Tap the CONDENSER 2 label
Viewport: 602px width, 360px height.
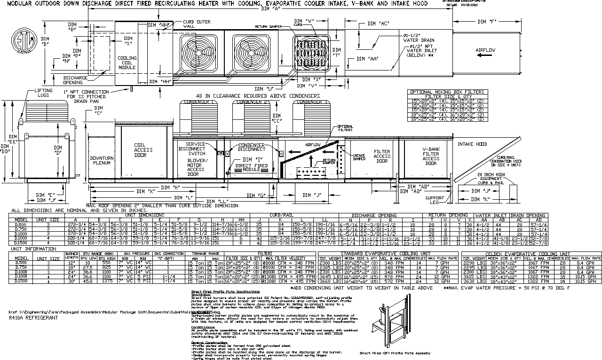252,102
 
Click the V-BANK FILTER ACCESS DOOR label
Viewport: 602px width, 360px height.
431,156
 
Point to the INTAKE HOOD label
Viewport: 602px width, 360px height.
472,144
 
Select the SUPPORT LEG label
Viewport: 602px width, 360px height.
435,201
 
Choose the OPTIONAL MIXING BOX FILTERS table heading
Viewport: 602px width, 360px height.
446,92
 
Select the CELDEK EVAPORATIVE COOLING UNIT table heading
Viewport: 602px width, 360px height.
531,253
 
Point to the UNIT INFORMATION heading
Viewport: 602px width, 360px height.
34,249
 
